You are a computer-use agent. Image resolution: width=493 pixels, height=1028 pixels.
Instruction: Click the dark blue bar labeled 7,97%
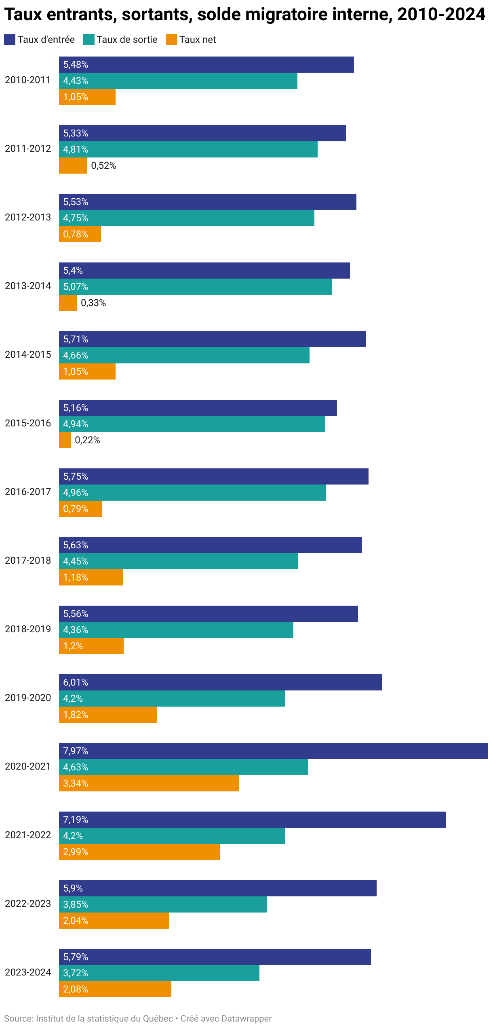click(274, 751)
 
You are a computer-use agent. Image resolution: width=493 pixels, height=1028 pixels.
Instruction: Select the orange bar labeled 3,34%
click(149, 783)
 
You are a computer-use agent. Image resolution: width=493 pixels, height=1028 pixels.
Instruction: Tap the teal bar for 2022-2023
click(163, 904)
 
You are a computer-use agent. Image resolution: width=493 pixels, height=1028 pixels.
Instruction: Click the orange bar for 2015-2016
click(65, 440)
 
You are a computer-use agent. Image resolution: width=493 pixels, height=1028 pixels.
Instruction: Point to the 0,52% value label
click(103, 166)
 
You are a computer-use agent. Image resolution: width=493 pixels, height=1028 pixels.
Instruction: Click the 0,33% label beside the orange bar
click(93, 303)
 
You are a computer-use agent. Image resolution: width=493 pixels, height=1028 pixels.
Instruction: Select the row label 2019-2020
click(28, 698)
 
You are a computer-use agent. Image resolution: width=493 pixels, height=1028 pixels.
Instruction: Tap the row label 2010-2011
click(28, 80)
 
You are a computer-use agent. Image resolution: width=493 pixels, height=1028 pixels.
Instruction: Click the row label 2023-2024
click(28, 972)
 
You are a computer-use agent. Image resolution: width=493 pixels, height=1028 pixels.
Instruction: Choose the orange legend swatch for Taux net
click(171, 40)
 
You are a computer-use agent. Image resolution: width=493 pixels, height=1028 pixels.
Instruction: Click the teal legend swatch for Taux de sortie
click(89, 40)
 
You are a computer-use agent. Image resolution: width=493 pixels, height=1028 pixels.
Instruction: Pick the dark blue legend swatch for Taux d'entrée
click(10, 40)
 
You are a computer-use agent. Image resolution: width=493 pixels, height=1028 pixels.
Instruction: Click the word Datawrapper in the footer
click(247, 1019)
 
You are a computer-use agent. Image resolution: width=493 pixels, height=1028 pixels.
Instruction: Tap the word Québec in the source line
click(158, 1019)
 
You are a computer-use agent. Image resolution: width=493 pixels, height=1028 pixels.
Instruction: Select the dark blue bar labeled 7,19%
click(253, 820)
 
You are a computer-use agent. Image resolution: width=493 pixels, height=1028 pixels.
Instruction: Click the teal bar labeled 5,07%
click(196, 287)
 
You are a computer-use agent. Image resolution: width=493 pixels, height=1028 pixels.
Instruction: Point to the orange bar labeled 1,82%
click(108, 715)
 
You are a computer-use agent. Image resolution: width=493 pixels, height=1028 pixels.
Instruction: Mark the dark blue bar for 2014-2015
click(213, 339)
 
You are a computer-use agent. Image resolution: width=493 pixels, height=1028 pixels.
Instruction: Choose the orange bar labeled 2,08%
click(115, 989)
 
